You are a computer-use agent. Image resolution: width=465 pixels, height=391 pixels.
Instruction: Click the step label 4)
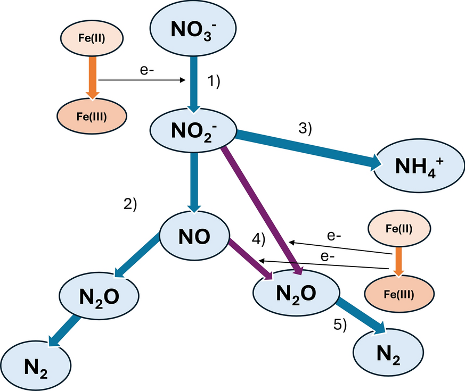[x=258, y=239]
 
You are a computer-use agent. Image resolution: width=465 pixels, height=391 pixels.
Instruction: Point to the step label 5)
[x=340, y=325]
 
